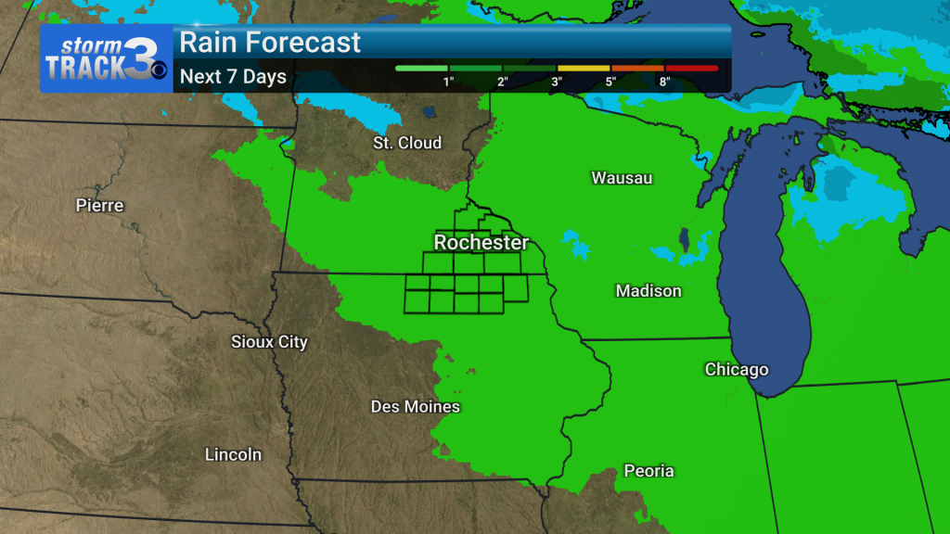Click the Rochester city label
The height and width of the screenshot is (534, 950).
[x=481, y=243]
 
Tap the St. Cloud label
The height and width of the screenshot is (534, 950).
[x=407, y=143]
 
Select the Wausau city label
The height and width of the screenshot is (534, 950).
[x=623, y=177]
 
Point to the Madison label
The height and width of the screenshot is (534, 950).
[x=648, y=291]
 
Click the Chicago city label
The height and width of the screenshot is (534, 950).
[x=737, y=370]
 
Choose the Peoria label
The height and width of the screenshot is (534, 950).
[x=648, y=471]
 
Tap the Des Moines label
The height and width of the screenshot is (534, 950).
[x=416, y=407]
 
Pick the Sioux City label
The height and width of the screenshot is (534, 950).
[x=269, y=342]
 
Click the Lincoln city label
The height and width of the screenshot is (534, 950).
[x=233, y=455]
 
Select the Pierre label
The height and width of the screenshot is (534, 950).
[x=99, y=205]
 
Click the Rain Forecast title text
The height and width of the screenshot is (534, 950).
[x=270, y=43]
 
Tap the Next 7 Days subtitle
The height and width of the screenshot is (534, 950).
[x=233, y=77]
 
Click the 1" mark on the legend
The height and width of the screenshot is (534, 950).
[x=448, y=82]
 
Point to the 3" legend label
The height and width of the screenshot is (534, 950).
[x=557, y=82]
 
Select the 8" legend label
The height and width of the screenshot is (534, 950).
[x=664, y=82]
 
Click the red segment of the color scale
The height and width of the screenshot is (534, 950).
[x=691, y=68]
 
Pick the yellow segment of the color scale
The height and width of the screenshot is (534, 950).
[x=583, y=68]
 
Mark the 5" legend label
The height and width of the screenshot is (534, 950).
[x=610, y=82]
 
